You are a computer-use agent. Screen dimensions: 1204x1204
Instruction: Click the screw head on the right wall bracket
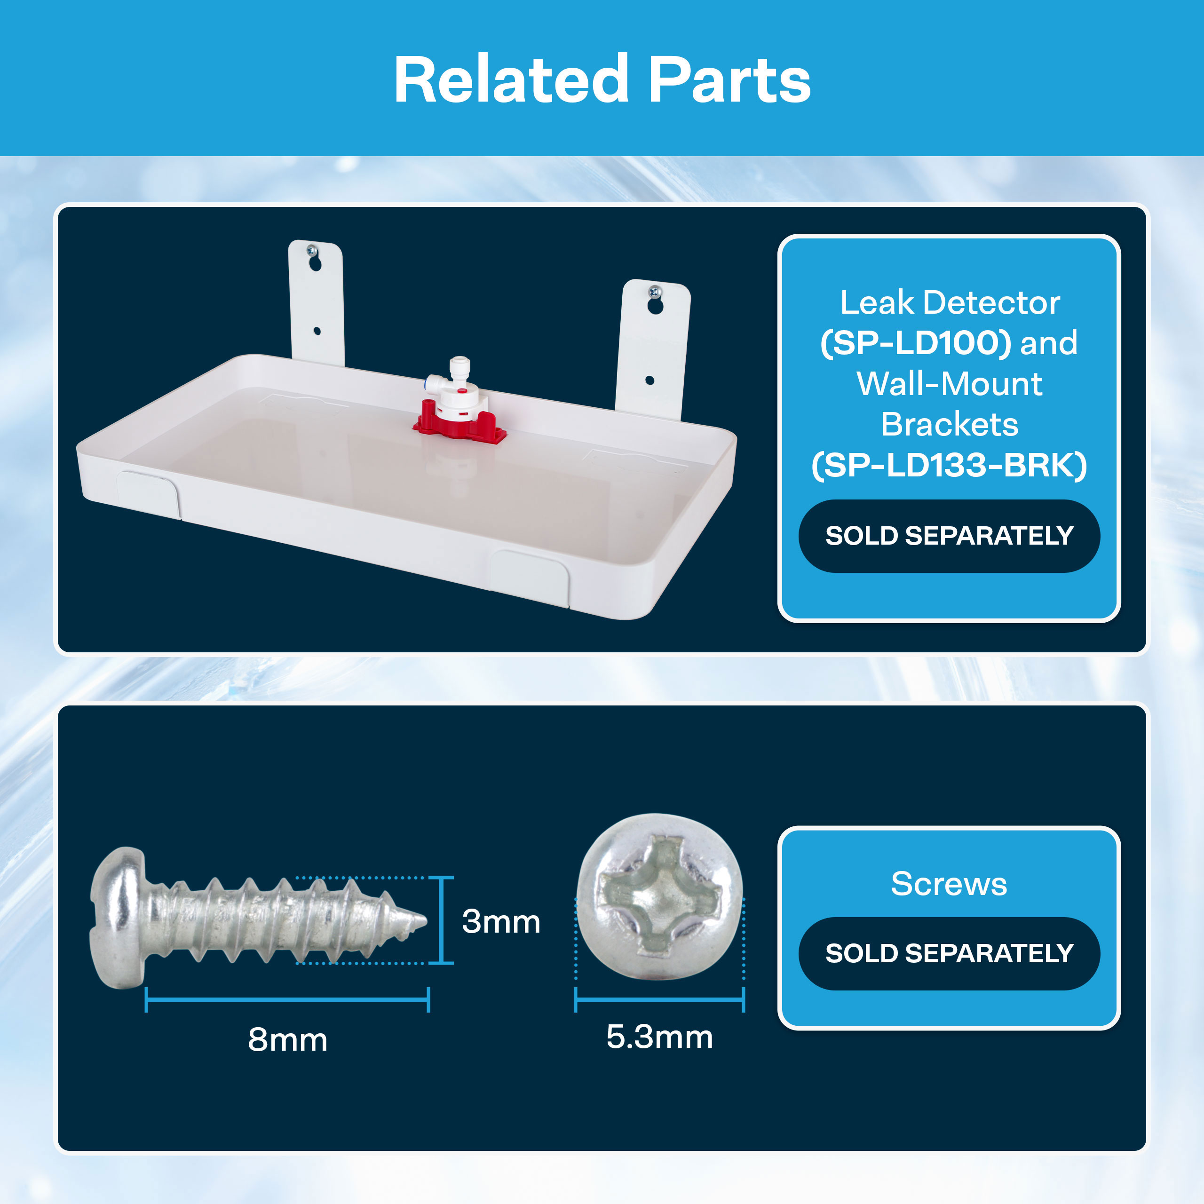[654, 290]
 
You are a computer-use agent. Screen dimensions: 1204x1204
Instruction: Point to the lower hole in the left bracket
[317, 331]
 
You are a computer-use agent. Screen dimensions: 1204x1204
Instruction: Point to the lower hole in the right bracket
[650, 380]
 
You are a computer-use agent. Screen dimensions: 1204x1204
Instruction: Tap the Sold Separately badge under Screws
[949, 953]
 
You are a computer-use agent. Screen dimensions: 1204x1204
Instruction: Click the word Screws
[949, 884]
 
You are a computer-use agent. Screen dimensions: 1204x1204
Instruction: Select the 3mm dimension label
[500, 922]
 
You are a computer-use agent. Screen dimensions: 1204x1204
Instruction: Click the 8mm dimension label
[287, 1039]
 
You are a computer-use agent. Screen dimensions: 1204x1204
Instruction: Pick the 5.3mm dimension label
[659, 1037]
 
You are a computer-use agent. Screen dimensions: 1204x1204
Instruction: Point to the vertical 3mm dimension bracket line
[441, 920]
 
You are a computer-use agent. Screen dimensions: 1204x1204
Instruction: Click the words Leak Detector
[950, 303]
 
